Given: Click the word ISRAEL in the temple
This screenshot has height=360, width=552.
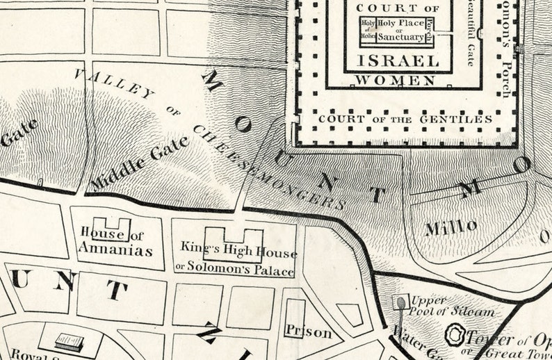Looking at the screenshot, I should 398,60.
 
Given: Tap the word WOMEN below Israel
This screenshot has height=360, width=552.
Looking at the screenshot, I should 396,81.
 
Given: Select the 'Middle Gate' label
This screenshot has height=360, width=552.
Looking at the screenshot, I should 139,163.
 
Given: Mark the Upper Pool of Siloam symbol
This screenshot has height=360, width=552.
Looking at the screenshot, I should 400,302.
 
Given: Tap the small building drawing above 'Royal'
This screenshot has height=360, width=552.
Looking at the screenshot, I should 70,342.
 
